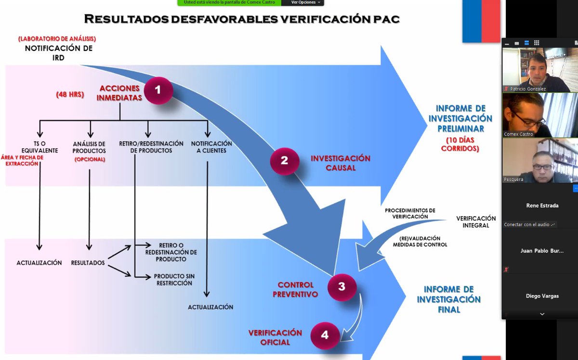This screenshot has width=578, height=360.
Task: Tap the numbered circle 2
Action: point(284,161)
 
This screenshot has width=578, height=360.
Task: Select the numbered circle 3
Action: point(342,287)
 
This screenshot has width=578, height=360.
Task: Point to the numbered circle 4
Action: point(325,335)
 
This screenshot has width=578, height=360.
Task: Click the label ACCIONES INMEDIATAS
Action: point(120,93)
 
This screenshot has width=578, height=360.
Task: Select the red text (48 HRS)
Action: point(70,95)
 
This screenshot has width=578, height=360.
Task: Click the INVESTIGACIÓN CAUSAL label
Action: point(340,163)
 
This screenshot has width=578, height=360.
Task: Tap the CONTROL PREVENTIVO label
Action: point(295,289)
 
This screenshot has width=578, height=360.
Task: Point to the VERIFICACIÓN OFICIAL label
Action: point(275,337)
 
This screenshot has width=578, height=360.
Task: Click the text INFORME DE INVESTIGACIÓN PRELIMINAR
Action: point(461,118)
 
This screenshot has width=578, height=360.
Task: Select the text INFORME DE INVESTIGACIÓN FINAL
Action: point(448,299)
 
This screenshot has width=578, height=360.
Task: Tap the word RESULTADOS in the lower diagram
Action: point(88,263)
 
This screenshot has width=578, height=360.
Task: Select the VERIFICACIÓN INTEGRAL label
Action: point(476,222)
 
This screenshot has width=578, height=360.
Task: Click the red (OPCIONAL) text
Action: point(90,159)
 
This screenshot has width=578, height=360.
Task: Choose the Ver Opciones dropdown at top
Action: point(306,2)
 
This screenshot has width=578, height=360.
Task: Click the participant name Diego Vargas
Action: point(542,296)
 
